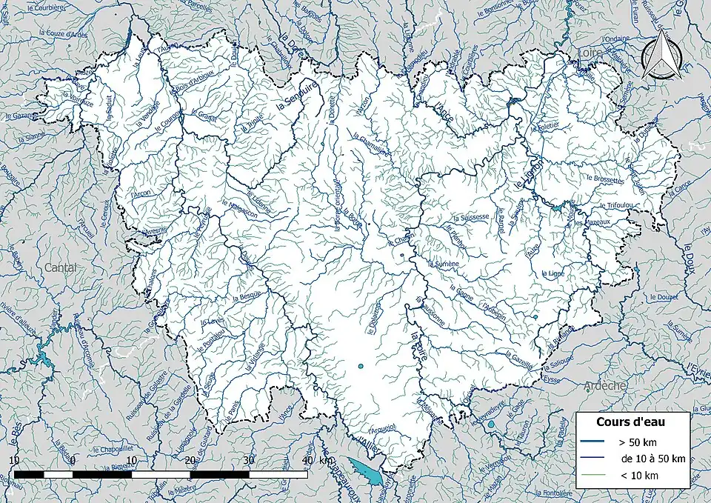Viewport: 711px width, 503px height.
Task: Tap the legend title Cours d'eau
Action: click(x=631, y=422)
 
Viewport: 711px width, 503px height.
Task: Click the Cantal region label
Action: click(x=60, y=267)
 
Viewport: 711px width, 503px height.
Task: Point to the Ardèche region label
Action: click(x=605, y=386)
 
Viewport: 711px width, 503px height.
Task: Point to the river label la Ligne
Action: click(x=554, y=273)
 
